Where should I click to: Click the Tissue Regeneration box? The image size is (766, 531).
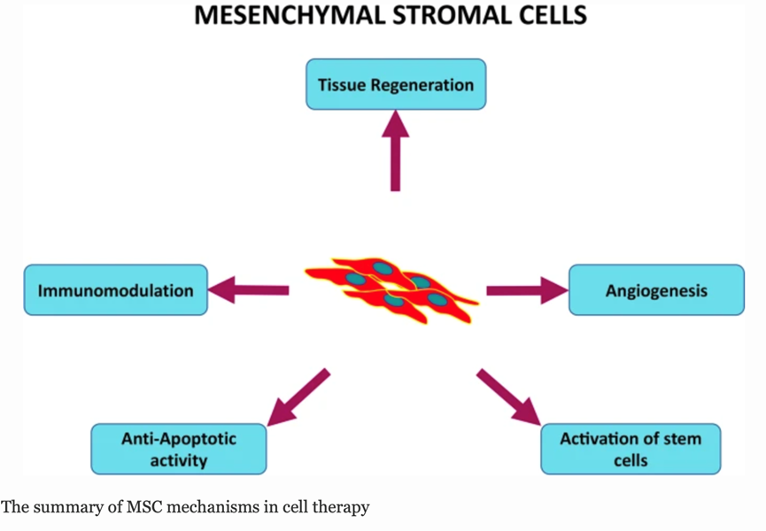(x=395, y=85)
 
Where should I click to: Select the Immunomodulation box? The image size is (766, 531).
(x=115, y=289)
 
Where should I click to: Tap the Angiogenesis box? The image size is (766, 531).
(x=656, y=289)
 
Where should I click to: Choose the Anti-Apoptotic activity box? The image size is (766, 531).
(x=178, y=449)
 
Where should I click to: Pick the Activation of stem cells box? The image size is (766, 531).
(x=630, y=449)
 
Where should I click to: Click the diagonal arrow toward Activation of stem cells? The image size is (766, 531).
(x=510, y=396)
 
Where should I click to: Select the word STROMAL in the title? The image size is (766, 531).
(x=457, y=16)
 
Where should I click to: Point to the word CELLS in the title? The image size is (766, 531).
(x=551, y=16)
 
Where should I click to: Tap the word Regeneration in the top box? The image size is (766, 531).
(x=422, y=86)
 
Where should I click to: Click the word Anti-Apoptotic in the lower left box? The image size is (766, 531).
(x=178, y=438)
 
